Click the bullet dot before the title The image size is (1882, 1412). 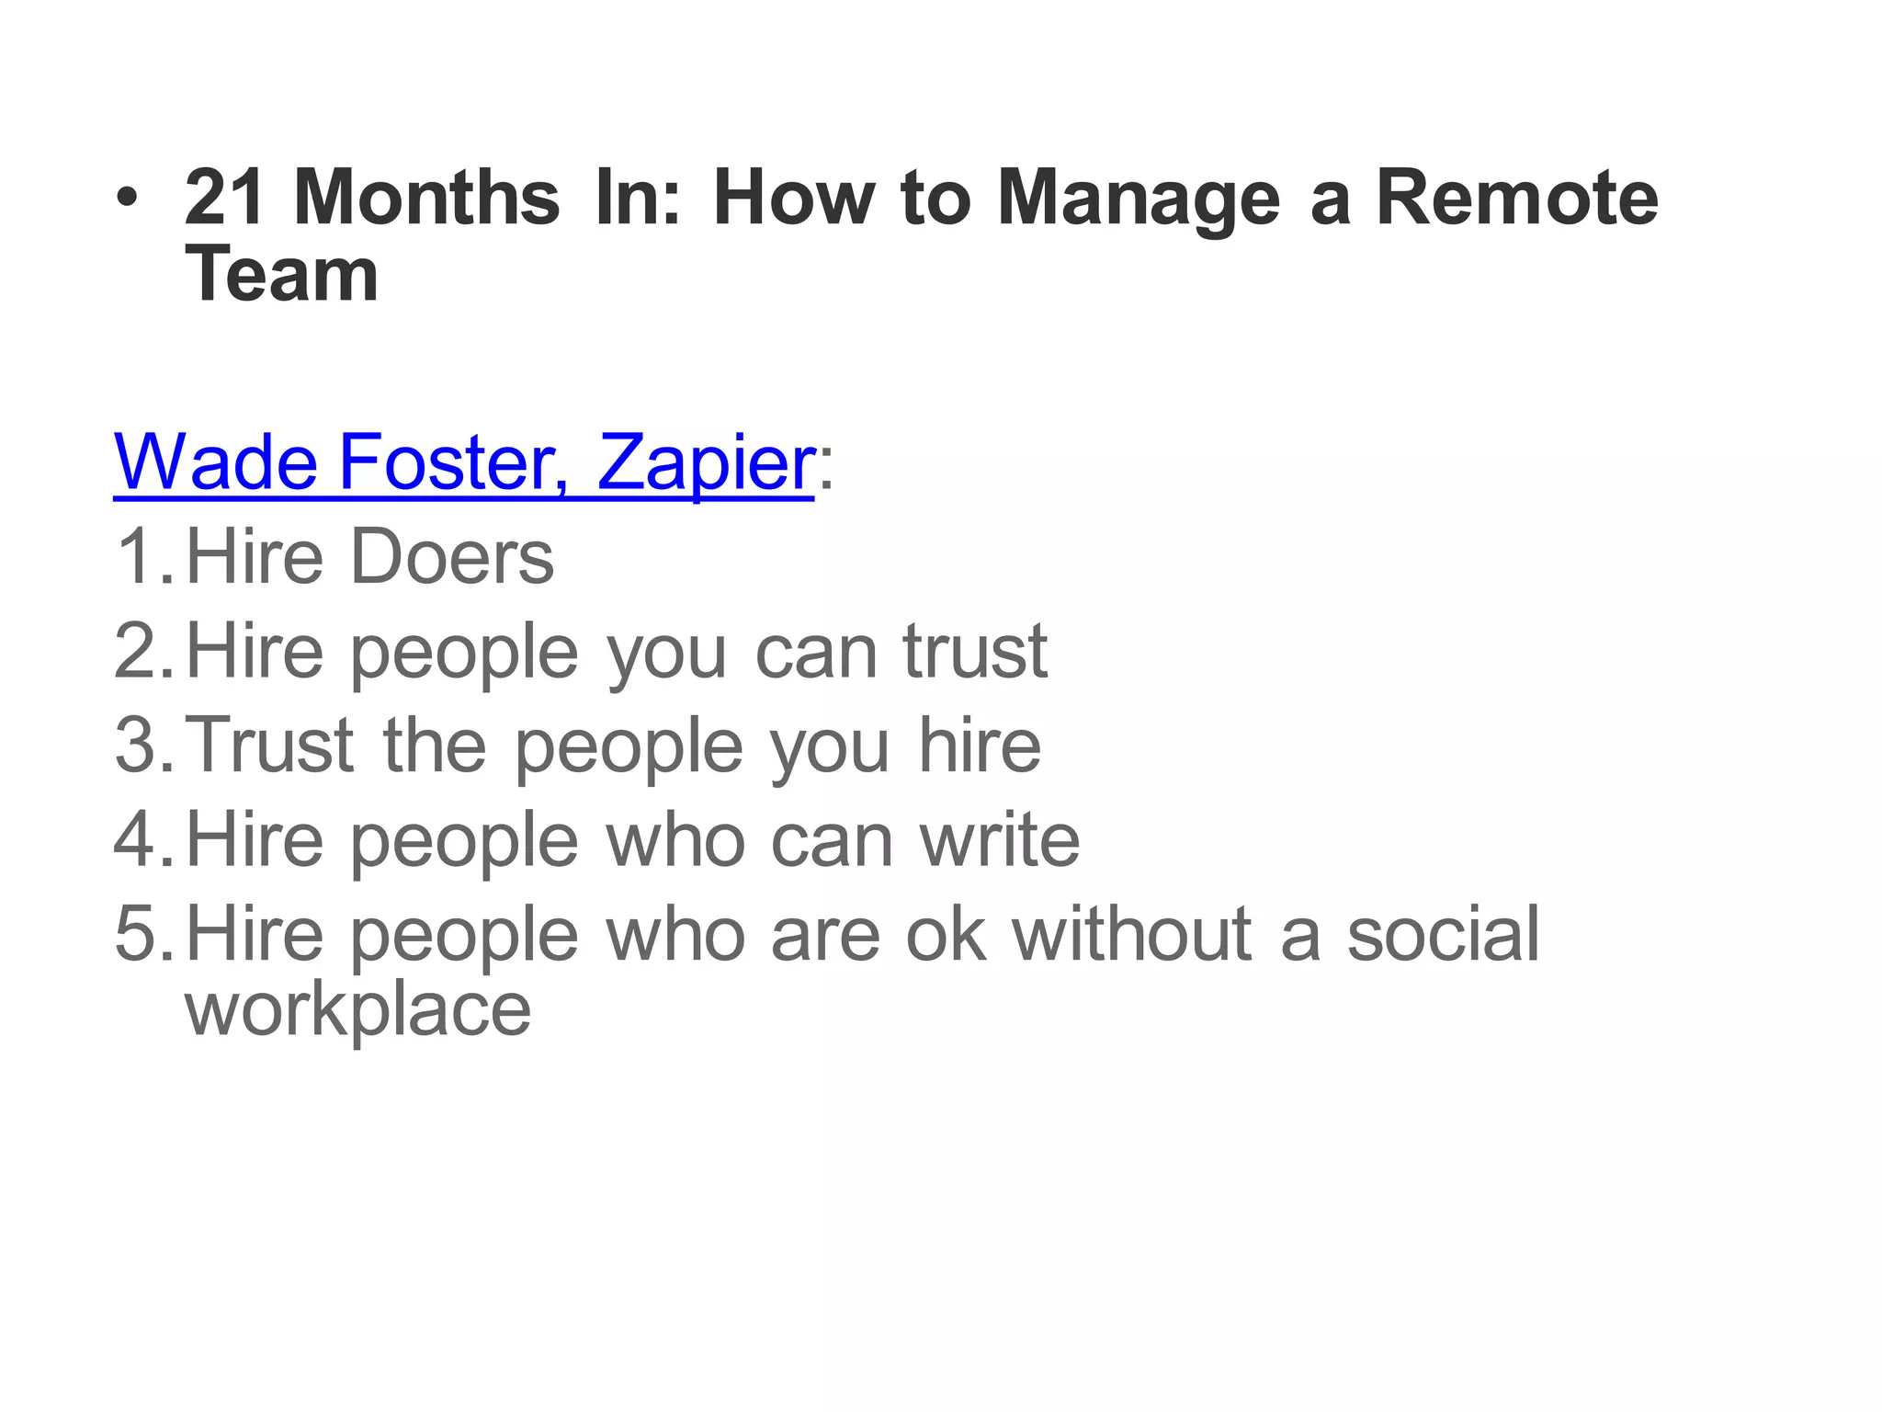tap(128, 199)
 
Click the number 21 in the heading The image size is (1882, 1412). tap(224, 199)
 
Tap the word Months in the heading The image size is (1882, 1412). tap(426, 199)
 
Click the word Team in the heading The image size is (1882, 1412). tap(281, 275)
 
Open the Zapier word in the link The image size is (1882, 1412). tap(705, 464)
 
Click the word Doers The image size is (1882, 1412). tap(453, 557)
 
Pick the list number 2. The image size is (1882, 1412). tap(141, 652)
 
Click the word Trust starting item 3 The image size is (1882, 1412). tap(271, 746)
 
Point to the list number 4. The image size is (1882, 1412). tap(141, 840)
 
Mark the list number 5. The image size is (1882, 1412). tap(141, 935)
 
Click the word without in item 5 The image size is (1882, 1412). tap(1131, 935)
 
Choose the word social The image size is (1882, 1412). tap(1443, 935)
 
